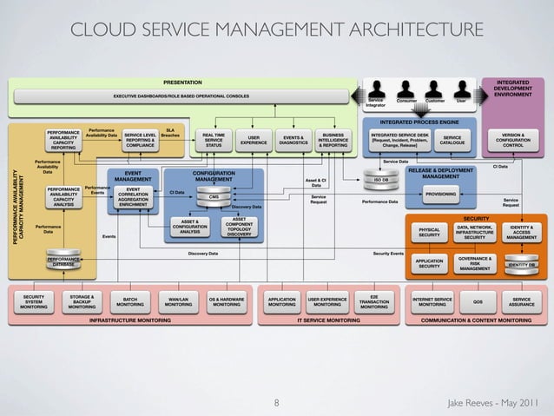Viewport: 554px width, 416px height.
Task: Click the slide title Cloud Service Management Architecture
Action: pos(276,32)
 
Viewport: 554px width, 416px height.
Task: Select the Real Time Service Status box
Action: pos(214,140)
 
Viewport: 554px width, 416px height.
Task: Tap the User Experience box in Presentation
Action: pos(254,140)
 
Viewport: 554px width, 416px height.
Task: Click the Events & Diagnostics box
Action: pos(293,140)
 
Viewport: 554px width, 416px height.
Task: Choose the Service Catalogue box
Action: pos(452,140)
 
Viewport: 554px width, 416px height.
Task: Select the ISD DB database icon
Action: pos(380,180)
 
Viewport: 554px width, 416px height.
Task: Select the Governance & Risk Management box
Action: pos(475,263)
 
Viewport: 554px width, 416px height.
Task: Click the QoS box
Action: pos(477,302)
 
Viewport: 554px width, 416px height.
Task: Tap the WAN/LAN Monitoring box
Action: pos(178,302)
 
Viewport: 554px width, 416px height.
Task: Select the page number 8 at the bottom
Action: pos(276,403)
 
